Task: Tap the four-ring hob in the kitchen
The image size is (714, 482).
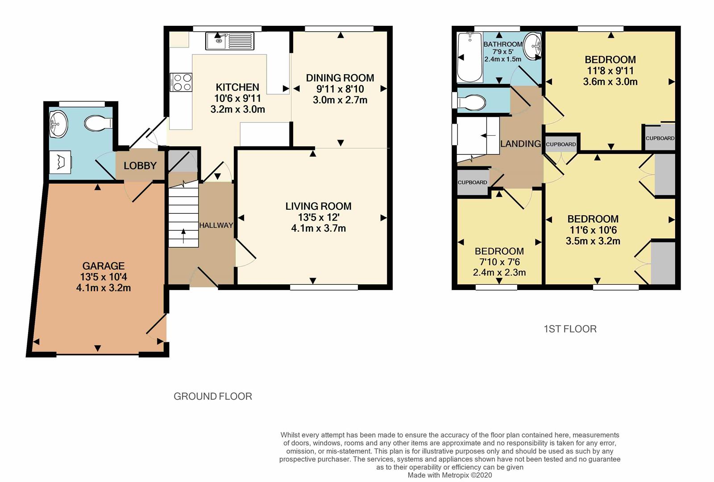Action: coord(181,82)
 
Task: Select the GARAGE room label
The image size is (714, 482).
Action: coord(104,266)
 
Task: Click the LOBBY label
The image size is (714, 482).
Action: coord(140,166)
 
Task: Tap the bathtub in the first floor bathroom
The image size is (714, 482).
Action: coord(470,58)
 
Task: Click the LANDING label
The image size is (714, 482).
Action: coord(520,144)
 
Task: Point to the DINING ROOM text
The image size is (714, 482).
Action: coord(340,78)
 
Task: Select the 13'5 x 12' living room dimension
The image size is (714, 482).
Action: coord(319,217)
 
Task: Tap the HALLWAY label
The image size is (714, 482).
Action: coord(216,225)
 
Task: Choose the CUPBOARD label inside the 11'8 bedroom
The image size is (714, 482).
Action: coord(660,138)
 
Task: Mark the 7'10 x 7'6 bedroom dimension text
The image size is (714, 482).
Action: coord(499,262)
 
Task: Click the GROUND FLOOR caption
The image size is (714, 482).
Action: coord(213,396)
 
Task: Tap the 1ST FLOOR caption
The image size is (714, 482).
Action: coord(570,329)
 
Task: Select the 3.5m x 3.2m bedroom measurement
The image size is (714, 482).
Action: coord(593,241)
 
